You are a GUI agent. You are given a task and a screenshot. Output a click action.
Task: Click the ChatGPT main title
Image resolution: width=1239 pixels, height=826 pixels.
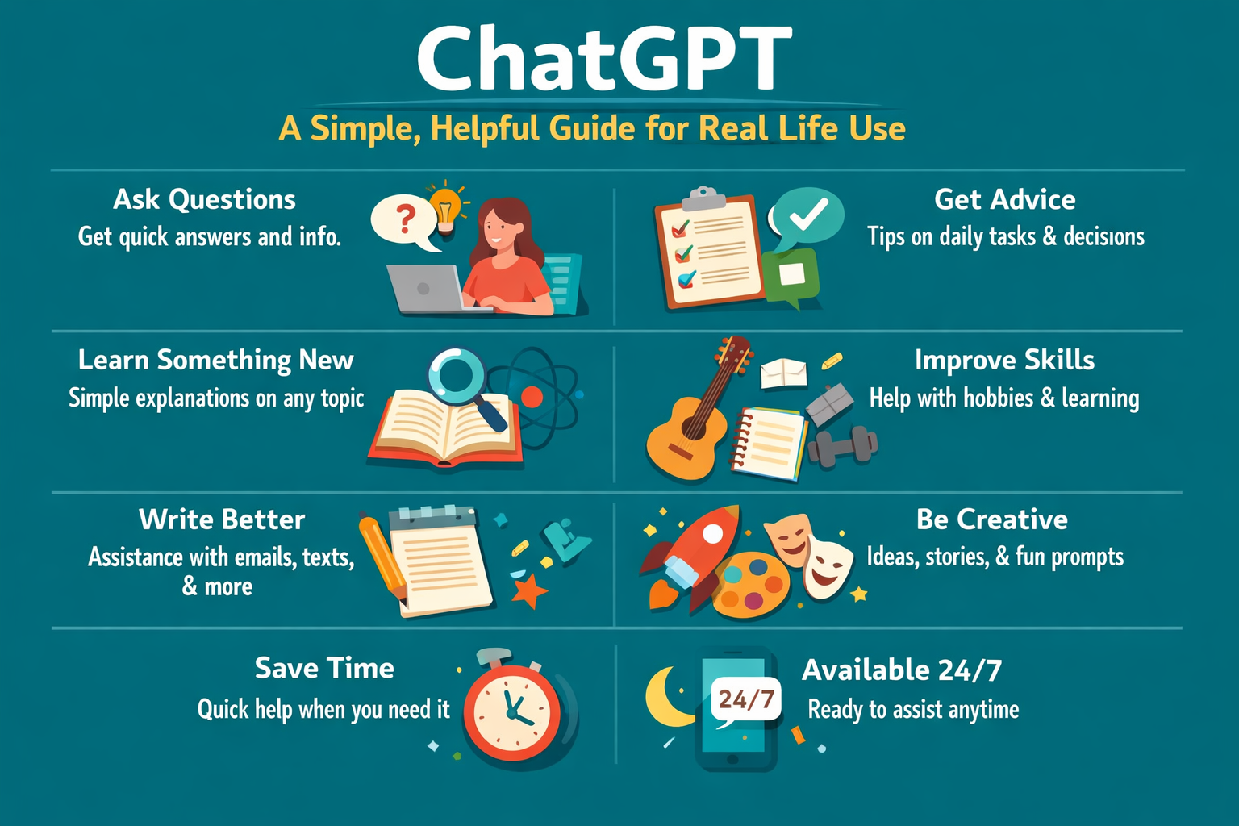(603, 58)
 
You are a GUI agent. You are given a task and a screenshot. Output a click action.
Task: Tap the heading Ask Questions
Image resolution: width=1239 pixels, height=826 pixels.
(204, 199)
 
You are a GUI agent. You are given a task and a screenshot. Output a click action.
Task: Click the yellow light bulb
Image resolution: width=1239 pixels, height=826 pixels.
(445, 205)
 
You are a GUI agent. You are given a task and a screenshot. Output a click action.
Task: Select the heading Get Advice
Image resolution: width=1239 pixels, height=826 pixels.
(1004, 199)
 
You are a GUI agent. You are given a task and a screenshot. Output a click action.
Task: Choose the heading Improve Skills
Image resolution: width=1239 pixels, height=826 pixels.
(1004, 360)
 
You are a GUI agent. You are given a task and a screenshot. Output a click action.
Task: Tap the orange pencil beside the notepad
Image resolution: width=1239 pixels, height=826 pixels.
(382, 557)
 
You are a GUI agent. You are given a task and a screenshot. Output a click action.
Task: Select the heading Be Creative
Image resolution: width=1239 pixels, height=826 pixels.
(991, 519)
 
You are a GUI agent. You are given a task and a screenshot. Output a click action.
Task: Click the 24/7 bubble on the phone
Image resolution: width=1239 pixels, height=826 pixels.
(746, 699)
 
